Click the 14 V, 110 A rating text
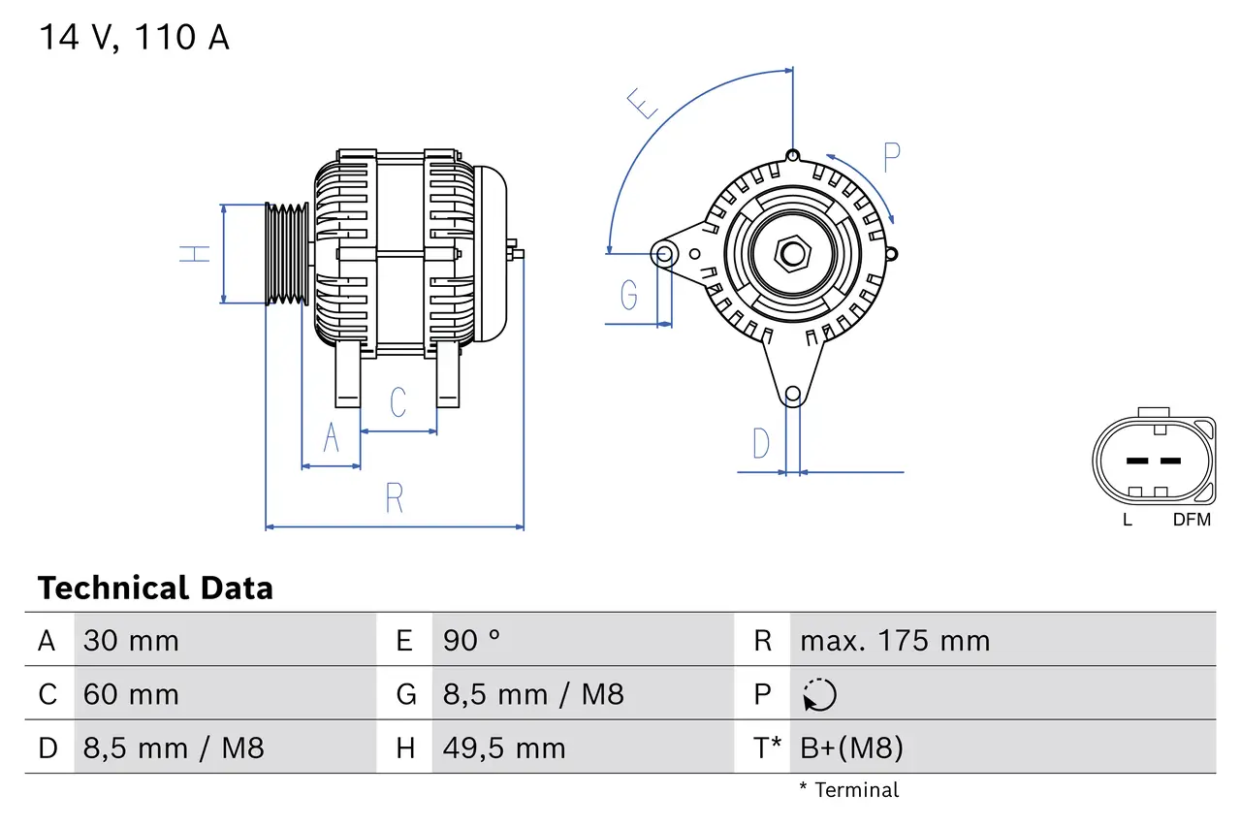[134, 38]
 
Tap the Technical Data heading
[155, 588]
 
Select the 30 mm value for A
[131, 641]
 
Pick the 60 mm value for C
[131, 694]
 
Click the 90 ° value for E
[472, 641]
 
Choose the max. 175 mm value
[894, 641]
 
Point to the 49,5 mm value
[503, 747]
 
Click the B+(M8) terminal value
[851, 747]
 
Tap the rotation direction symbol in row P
[819, 694]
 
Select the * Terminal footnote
[848, 790]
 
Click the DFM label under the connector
[1192, 520]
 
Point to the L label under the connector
[1127, 520]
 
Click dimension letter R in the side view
[394, 497]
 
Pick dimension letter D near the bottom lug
[761, 443]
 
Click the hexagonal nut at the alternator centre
[792, 254]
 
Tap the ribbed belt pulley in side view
[287, 254]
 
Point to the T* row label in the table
[768, 747]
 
